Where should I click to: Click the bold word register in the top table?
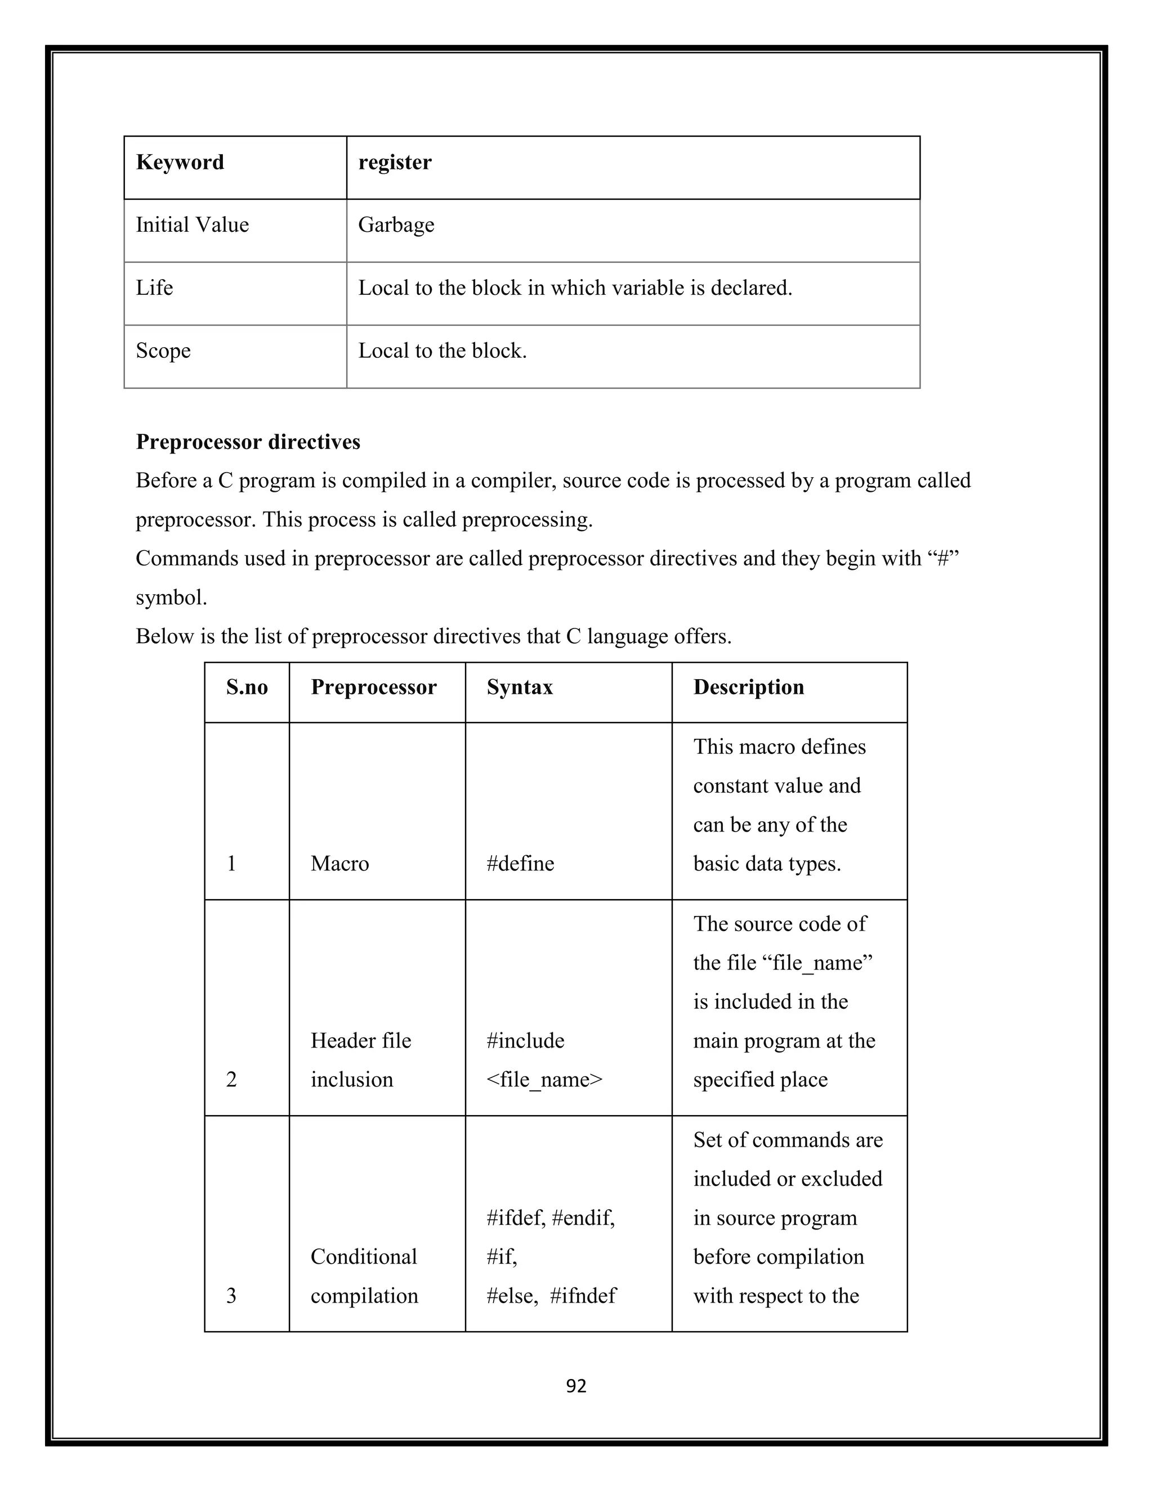[395, 163]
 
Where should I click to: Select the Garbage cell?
[396, 225]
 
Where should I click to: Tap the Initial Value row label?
[192, 225]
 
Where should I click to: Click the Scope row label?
[163, 351]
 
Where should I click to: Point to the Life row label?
[154, 288]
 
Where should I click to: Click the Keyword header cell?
[180, 163]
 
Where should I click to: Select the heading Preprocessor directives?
[248, 442]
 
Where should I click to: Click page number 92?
[576, 1386]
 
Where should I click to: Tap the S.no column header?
[247, 688]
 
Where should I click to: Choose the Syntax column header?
[520, 688]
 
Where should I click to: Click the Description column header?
[749, 688]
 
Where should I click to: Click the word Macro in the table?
[339, 864]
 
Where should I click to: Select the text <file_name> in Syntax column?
[544, 1080]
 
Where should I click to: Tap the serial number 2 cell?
[231, 1080]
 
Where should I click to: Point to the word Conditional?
[363, 1257]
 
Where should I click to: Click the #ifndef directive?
[583, 1296]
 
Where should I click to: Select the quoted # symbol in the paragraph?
[944, 559]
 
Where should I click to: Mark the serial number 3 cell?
[231, 1296]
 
